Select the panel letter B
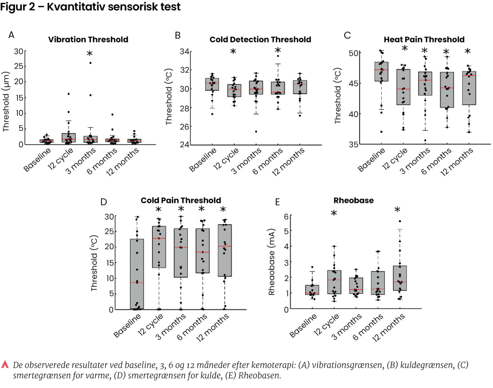(178, 36)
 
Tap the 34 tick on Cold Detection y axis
(184, 52)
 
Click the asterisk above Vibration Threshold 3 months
(90, 54)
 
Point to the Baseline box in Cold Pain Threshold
(137, 274)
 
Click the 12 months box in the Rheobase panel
(400, 278)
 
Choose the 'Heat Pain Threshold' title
(424, 40)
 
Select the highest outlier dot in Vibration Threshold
(90, 63)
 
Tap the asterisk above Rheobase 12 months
(398, 210)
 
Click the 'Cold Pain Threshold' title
(181, 200)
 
